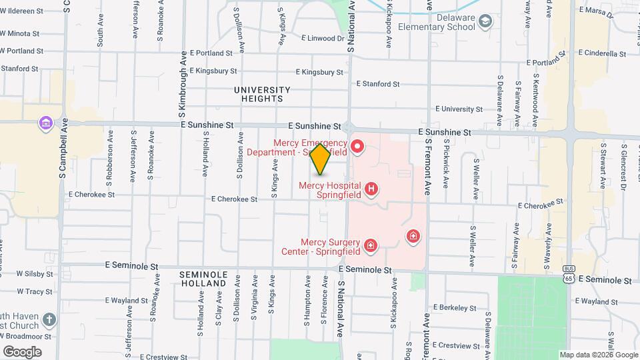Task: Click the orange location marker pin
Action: point(321,159)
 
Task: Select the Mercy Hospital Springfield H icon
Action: point(371,190)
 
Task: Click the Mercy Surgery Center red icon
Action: point(371,247)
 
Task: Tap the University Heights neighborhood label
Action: point(262,94)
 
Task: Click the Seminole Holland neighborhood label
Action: point(203,279)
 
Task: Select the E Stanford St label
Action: point(377,84)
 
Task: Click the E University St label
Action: point(459,109)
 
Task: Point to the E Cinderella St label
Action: point(604,53)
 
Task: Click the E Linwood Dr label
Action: point(323,38)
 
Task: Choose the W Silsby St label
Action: point(35,273)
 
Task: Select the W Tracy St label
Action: point(35,291)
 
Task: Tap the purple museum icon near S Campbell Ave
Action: point(46,123)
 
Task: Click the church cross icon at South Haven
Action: point(49,320)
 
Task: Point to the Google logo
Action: point(22,352)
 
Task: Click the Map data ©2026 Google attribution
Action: point(599,355)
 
